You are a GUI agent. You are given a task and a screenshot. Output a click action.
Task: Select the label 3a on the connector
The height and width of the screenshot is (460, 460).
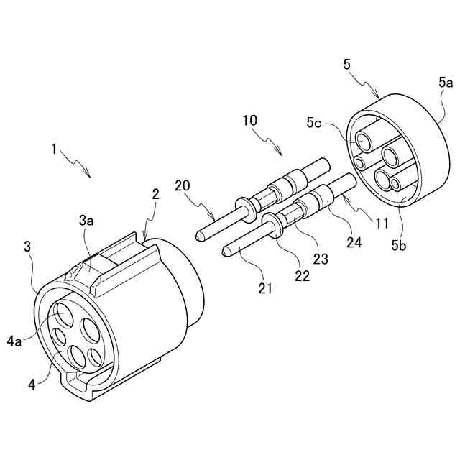(86, 221)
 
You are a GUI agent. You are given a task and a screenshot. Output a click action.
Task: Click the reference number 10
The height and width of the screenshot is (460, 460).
(249, 121)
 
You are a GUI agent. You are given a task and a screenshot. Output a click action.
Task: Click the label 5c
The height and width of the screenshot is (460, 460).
(313, 122)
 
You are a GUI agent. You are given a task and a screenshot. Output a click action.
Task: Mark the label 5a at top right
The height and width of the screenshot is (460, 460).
(446, 84)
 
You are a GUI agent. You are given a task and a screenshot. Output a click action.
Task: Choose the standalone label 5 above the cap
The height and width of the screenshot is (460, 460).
(347, 65)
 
